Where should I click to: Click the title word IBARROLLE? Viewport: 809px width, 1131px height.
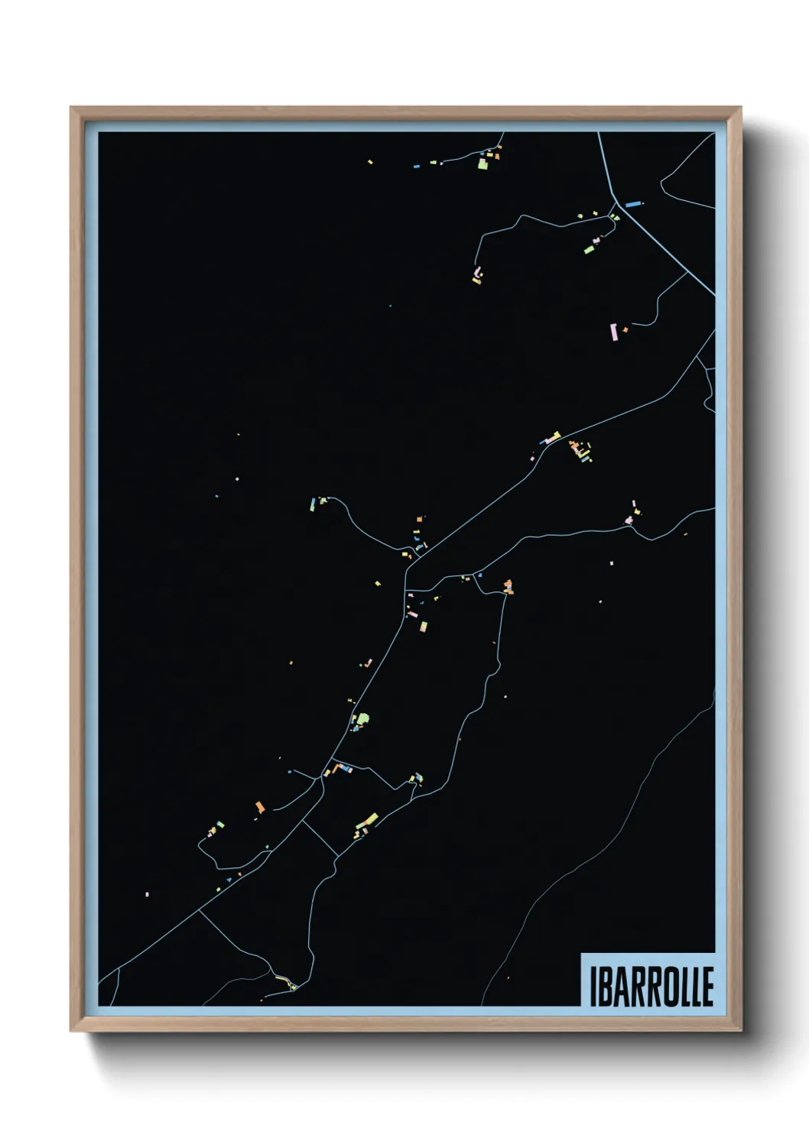click(651, 986)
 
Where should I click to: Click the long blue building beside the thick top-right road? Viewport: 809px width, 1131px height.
click(632, 204)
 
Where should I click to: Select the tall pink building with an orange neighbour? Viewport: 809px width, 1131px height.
click(613, 332)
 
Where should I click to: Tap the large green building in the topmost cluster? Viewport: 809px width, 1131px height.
click(482, 163)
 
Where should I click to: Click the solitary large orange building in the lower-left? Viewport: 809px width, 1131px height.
click(260, 807)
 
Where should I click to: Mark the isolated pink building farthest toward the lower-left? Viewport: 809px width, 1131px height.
click(147, 893)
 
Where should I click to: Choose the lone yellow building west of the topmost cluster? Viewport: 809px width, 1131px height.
click(370, 162)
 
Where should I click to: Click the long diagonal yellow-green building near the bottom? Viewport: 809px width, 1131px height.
click(366, 821)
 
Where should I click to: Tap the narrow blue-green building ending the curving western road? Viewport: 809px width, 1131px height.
click(313, 504)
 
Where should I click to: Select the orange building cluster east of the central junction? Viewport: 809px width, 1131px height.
click(508, 587)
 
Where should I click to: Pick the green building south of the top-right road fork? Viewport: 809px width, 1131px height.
click(590, 248)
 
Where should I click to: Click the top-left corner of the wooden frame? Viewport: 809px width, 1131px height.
click(71, 108)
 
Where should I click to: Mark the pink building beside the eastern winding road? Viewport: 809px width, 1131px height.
click(629, 520)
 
